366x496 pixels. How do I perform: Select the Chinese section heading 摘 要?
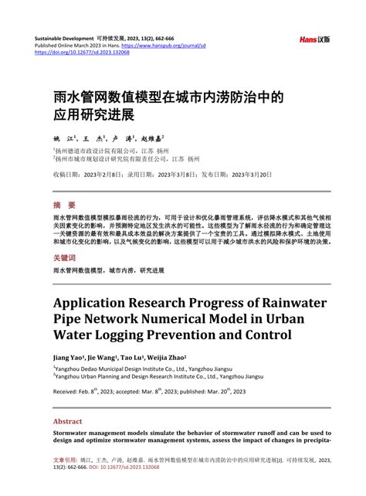64,206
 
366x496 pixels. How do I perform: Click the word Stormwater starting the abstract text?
74,433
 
